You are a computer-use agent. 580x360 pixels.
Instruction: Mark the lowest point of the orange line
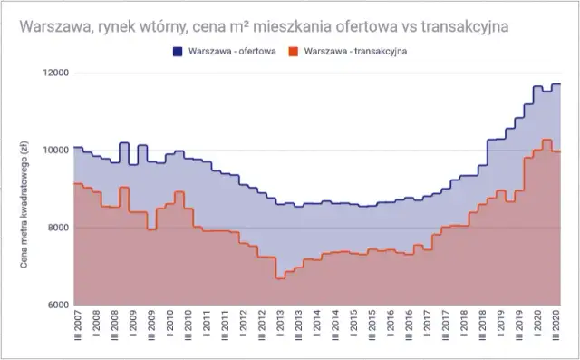[279, 278]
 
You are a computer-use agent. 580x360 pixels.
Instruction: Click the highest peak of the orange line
[546, 141]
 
